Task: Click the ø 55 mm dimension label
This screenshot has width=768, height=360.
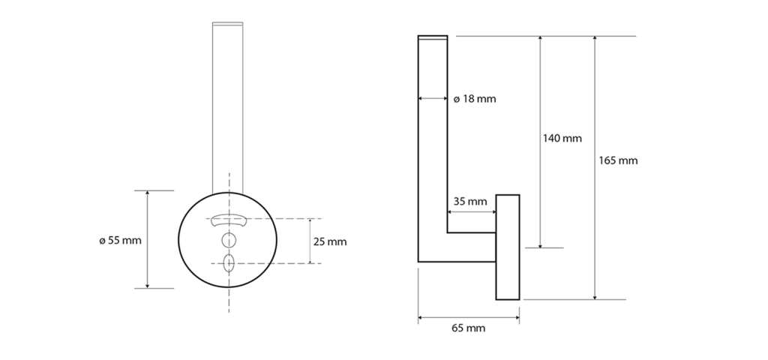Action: point(120,241)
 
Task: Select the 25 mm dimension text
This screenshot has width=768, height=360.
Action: point(330,242)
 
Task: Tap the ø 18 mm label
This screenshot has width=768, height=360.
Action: point(475,99)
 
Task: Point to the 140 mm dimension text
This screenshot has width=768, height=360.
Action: point(562,139)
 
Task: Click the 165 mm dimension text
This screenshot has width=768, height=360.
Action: point(618,160)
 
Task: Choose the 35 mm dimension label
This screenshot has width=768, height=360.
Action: point(470,201)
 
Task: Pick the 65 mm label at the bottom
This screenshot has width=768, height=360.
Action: point(468,328)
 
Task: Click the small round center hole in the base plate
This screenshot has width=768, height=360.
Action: point(229,241)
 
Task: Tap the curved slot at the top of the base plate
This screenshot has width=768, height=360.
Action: point(229,220)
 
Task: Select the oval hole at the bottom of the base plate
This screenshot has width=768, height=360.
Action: point(229,263)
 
